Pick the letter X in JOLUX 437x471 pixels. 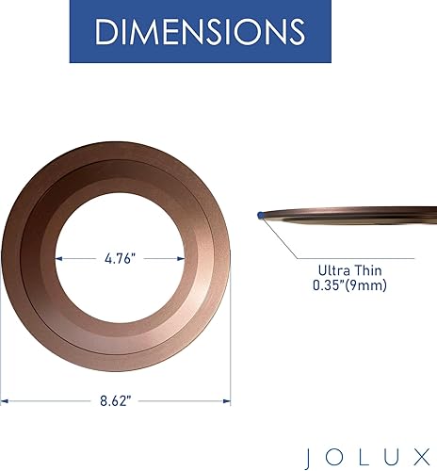[422, 458]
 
